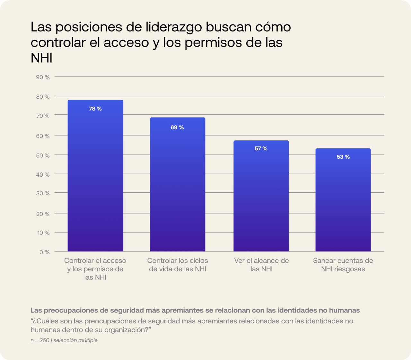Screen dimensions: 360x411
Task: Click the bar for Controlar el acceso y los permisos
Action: (95, 180)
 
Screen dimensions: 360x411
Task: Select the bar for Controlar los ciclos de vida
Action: (178, 189)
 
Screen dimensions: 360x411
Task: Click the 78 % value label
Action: (95, 109)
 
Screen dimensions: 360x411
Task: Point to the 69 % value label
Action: (177, 127)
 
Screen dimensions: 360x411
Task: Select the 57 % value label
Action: (261, 148)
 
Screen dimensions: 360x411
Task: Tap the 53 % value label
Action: (343, 157)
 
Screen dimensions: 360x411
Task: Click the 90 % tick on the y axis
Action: (43, 77)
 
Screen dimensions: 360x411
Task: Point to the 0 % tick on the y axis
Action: (44, 252)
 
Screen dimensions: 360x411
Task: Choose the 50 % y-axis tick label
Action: (43, 155)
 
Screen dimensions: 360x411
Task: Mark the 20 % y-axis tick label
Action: (43, 214)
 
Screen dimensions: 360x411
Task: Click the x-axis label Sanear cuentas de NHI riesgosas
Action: (343, 265)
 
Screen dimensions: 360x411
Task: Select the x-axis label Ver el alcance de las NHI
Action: (261, 265)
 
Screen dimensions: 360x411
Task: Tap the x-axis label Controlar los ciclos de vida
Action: (178, 265)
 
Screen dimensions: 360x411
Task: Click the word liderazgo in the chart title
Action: (174, 27)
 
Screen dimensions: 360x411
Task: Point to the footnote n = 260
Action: (40, 340)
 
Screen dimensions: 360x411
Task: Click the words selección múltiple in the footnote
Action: (75, 340)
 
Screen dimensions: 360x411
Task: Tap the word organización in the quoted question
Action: (126, 330)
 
